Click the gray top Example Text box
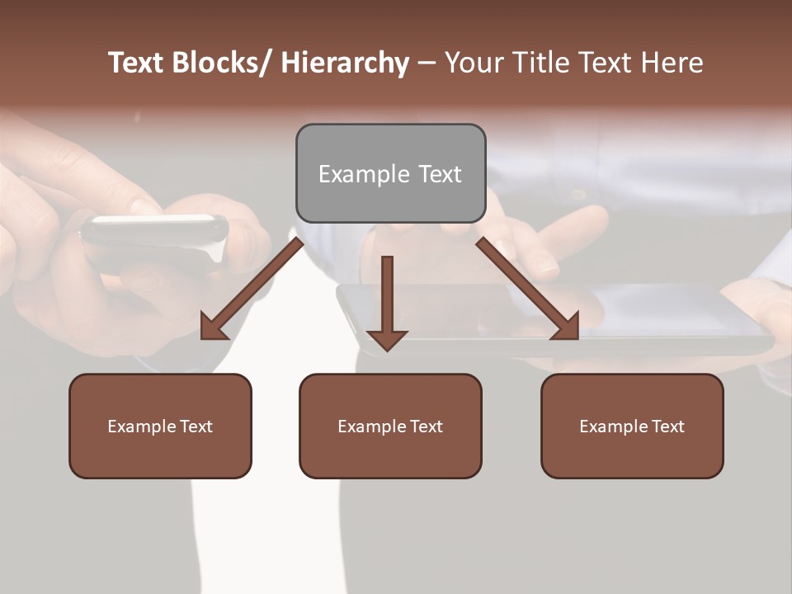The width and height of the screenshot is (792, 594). pos(390,173)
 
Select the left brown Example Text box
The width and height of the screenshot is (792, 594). pos(160,426)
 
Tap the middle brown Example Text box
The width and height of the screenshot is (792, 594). pos(390,426)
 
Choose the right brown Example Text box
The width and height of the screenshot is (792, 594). pos(632,426)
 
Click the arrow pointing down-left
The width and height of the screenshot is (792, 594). pos(252,289)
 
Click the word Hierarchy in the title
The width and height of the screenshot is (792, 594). pos(345,63)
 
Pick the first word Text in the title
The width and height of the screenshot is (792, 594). pos(137,63)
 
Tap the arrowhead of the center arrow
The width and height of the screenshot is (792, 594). pos(387,339)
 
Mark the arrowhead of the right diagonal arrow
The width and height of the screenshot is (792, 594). pos(567,327)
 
